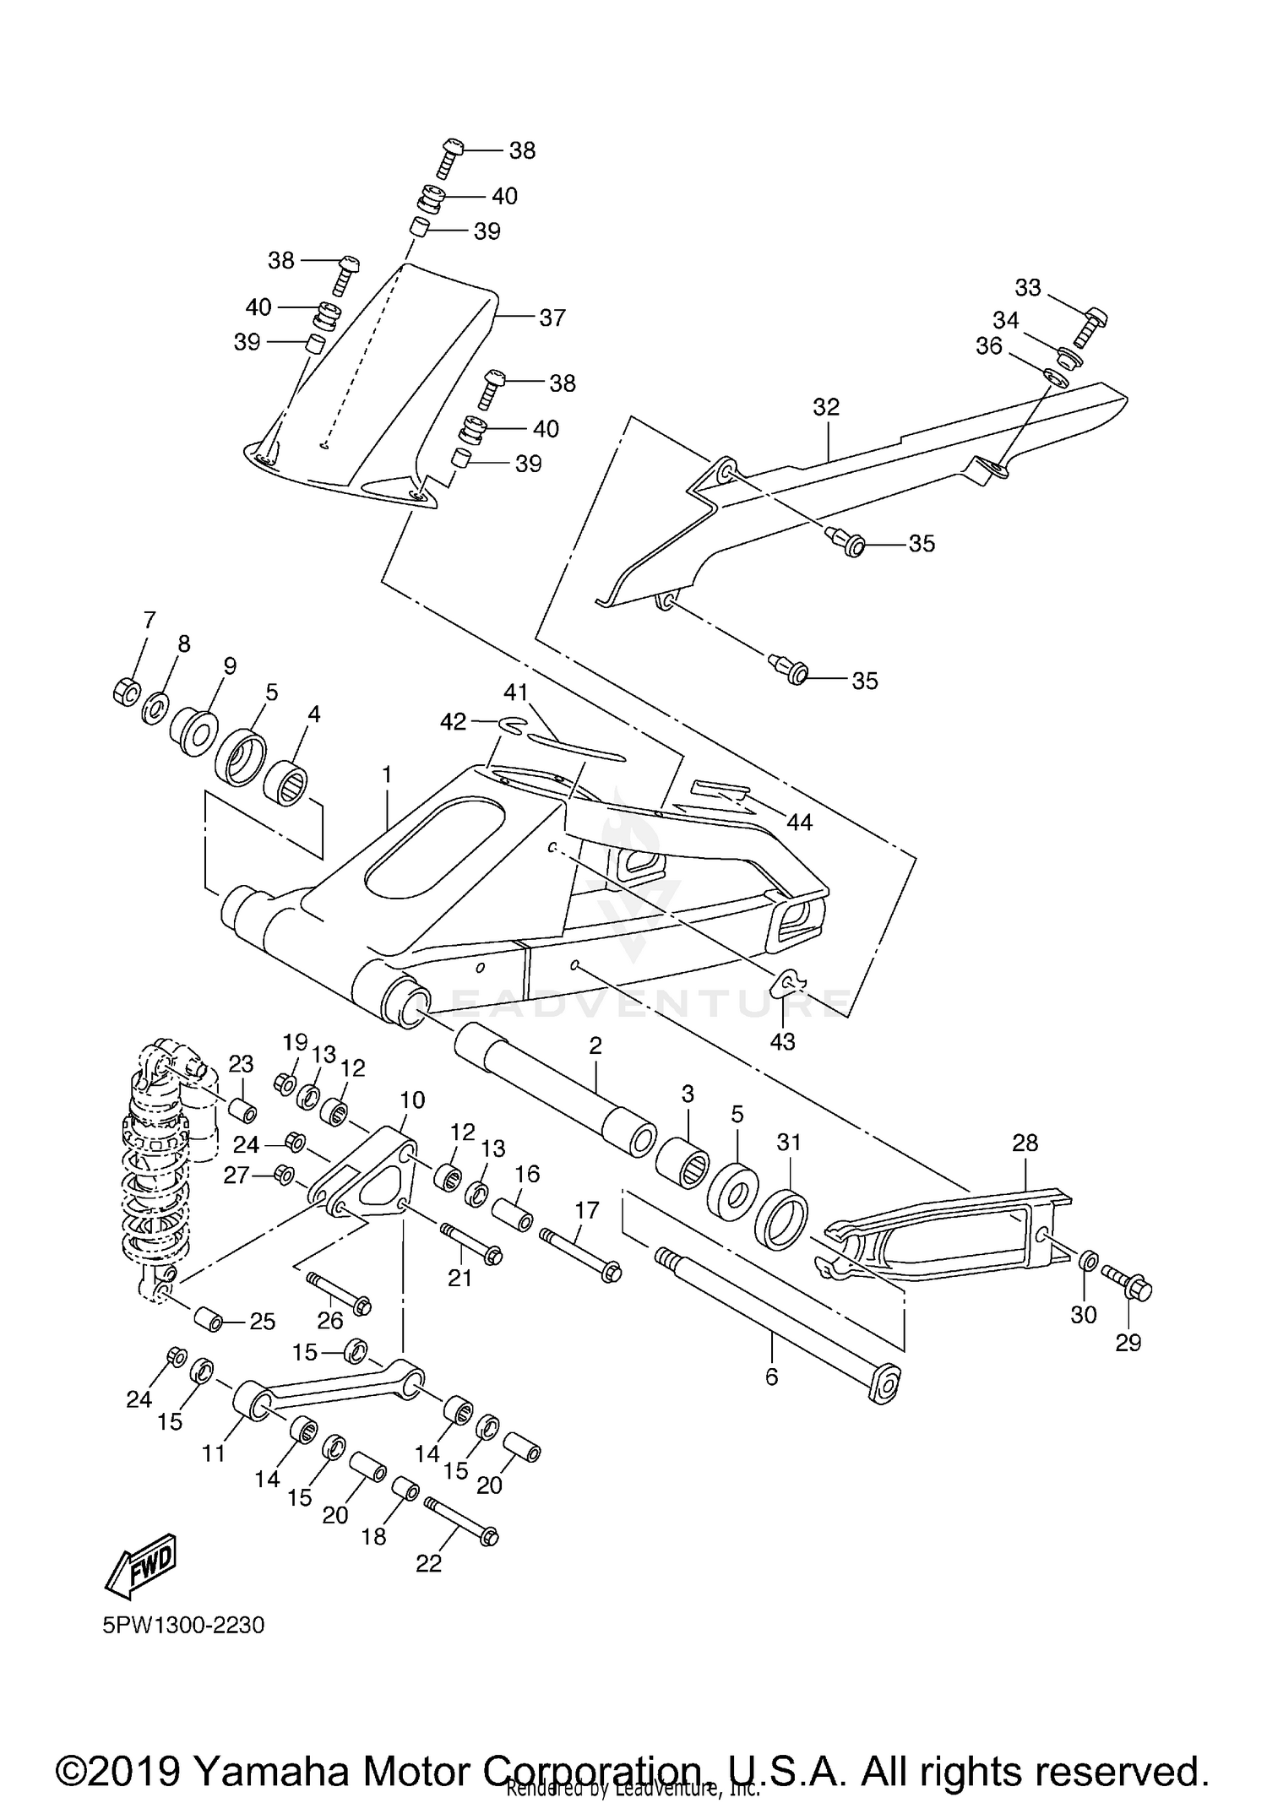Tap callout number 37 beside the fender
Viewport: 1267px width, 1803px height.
tap(552, 318)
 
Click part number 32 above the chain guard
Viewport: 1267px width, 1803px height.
tap(826, 407)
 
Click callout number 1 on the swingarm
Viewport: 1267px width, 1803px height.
tap(387, 774)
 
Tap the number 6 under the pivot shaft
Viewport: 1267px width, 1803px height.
tap(771, 1377)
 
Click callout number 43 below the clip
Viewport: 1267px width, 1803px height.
tap(782, 1041)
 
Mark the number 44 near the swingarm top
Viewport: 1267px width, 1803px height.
tap(798, 822)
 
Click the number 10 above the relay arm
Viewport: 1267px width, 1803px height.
tap(412, 1100)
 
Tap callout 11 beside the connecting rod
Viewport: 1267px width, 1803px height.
tap(214, 1453)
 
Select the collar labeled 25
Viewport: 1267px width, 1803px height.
tap(208, 1318)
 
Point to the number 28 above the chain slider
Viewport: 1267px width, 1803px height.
tap(1025, 1143)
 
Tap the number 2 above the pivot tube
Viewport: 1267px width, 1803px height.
tap(595, 1045)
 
